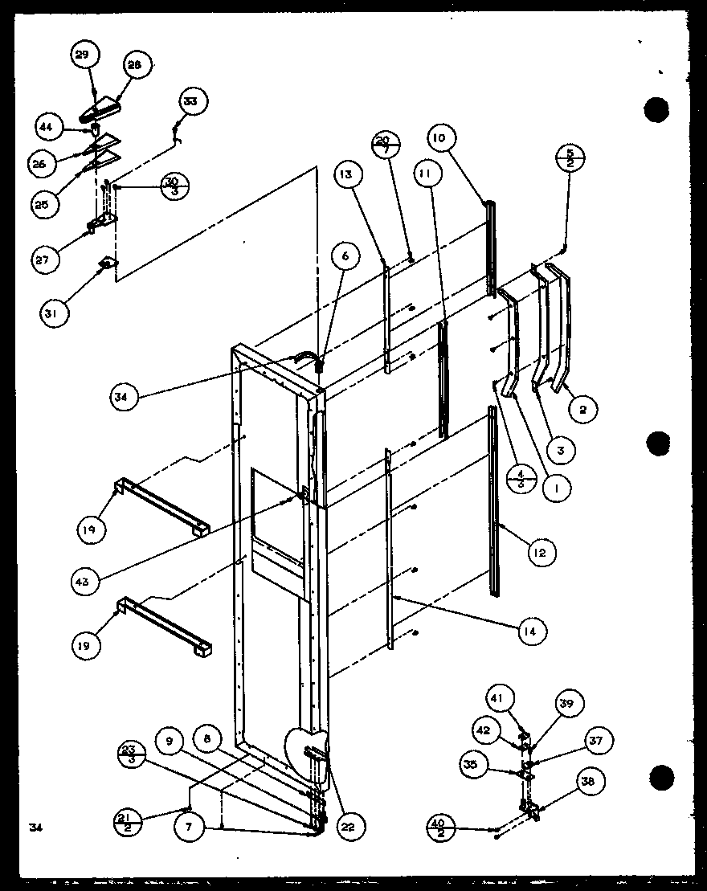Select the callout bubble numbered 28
point(133,67)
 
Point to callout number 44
point(47,126)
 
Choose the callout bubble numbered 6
point(344,257)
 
